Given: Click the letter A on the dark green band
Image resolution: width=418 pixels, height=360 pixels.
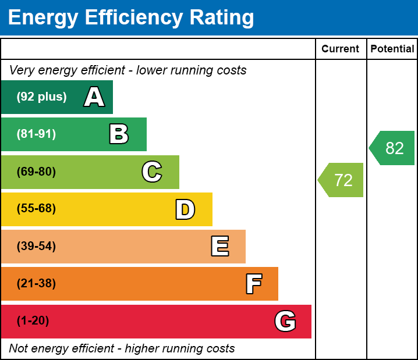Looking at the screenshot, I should click(94, 97).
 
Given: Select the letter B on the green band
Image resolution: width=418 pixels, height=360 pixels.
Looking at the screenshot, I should click(119, 134).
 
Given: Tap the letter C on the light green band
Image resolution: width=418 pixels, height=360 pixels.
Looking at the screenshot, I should click(152, 172).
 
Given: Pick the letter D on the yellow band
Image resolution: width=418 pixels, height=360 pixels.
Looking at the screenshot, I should click(185, 209).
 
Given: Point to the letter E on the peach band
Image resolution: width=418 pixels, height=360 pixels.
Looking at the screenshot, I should click(219, 247).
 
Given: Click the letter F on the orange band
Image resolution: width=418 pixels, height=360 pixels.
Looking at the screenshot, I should click(253, 284).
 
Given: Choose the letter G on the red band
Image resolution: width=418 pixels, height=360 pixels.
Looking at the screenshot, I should click(285, 321).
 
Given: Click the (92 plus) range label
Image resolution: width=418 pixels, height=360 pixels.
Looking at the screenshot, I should click(41, 97).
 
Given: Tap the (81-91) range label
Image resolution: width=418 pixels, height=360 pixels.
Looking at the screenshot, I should click(36, 134).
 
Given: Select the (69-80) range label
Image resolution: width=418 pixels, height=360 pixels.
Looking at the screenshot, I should click(36, 172).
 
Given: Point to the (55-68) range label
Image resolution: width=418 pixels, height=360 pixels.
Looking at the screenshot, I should click(36, 209).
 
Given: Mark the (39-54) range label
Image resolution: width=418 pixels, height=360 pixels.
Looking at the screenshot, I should click(36, 247).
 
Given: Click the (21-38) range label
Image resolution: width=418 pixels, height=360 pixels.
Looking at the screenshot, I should click(36, 284).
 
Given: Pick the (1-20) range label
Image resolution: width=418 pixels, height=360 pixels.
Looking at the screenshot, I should click(33, 321).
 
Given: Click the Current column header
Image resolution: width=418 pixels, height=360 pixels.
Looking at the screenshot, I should click(341, 49).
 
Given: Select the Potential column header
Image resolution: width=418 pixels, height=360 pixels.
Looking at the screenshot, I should click(392, 49).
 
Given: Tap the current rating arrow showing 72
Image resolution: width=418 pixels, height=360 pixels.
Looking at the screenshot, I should click(342, 180).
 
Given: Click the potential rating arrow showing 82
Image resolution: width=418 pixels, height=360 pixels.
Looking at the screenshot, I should click(393, 148).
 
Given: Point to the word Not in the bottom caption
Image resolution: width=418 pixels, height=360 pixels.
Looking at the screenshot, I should click(18, 349).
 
